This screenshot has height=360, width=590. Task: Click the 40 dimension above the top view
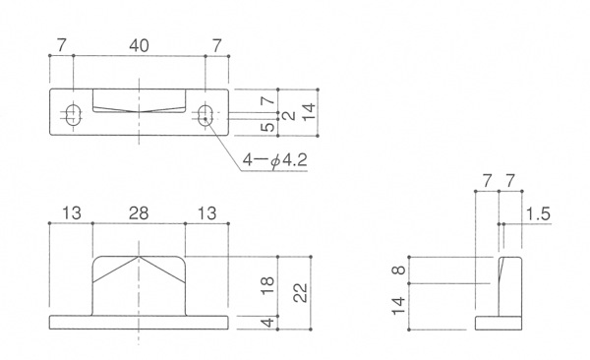coord(139,46)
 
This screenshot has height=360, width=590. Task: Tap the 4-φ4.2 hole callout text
coord(274,160)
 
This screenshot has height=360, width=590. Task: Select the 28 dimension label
coord(139,213)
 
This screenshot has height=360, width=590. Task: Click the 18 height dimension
coord(267,285)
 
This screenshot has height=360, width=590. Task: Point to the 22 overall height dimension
coord(301,292)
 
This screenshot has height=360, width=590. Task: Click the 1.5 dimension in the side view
coord(538,213)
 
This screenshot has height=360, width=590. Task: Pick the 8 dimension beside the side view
coord(399,270)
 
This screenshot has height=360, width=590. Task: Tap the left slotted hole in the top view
coord(74,114)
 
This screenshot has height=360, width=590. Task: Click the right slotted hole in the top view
coord(206,114)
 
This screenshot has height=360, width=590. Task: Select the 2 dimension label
coord(290,115)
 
